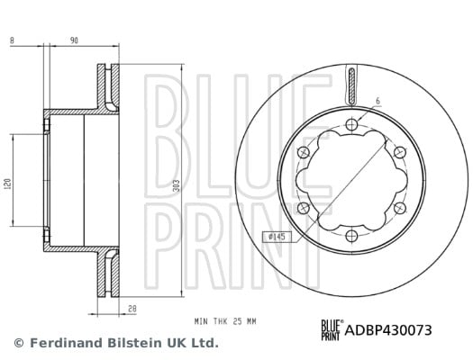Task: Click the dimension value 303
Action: pyautogui.click(x=177, y=185)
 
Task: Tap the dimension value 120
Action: pyautogui.click(x=8, y=184)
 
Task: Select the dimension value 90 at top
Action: pyautogui.click(x=74, y=40)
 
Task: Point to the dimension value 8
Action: pyautogui.click(x=12, y=40)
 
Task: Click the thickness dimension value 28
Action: pyautogui.click(x=132, y=309)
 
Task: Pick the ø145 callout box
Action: pyautogui.click(x=277, y=237)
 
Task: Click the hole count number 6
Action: pyautogui.click(x=378, y=101)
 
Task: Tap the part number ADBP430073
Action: pyautogui.click(x=388, y=330)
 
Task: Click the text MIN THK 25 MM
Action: pyautogui.click(x=225, y=321)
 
